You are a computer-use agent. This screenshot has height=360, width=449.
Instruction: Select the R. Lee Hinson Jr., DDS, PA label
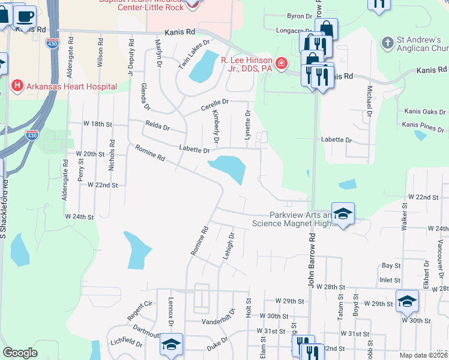pyautogui.click(x=246, y=64)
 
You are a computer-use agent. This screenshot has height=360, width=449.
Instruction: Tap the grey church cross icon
pyautogui.click(x=388, y=43)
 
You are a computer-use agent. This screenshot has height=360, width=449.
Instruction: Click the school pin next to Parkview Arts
pyautogui.click(x=343, y=214)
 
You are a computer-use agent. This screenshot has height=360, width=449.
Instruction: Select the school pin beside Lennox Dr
pyautogui.click(x=172, y=344)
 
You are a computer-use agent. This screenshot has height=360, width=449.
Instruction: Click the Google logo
pyautogui.click(x=20, y=353)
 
